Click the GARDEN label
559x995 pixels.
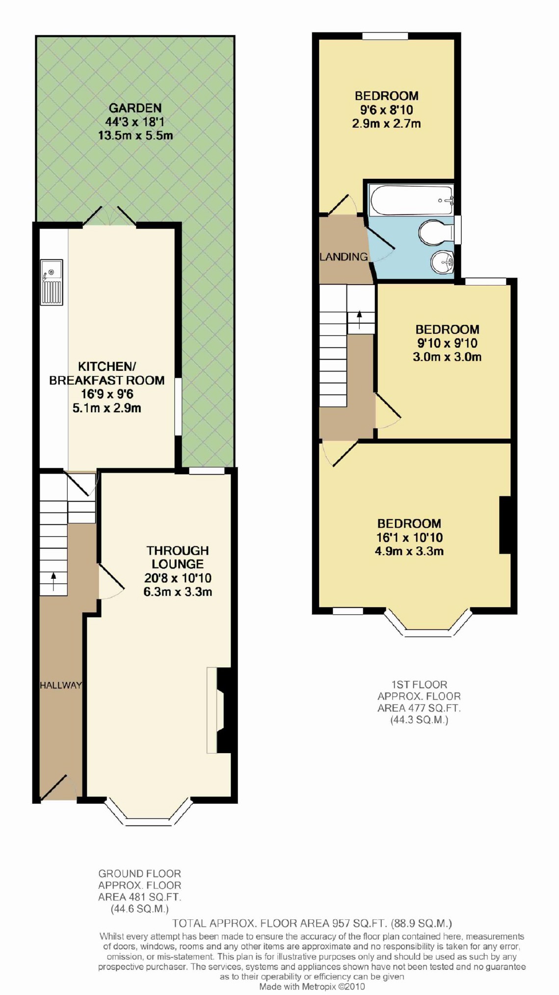pyautogui.click(x=135, y=108)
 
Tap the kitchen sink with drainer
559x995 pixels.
pyautogui.click(x=52, y=283)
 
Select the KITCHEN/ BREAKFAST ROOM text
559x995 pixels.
pyautogui.click(x=107, y=373)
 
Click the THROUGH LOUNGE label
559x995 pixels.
pyautogui.click(x=177, y=557)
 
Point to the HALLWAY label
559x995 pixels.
pyautogui.click(x=61, y=685)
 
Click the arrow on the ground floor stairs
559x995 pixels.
pyautogui.click(x=53, y=581)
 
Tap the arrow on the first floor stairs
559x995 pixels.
pyautogui.click(x=360, y=319)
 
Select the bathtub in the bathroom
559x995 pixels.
pyautogui.click(x=411, y=200)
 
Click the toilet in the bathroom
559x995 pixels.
pyautogui.click(x=436, y=231)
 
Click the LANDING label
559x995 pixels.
pyautogui.click(x=344, y=256)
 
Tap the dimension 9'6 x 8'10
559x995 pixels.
pyautogui.click(x=386, y=110)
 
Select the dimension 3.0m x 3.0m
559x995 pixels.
pyautogui.click(x=447, y=357)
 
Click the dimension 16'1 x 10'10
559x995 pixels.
pyautogui.click(x=409, y=538)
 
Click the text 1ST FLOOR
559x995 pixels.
pyautogui.click(x=419, y=684)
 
